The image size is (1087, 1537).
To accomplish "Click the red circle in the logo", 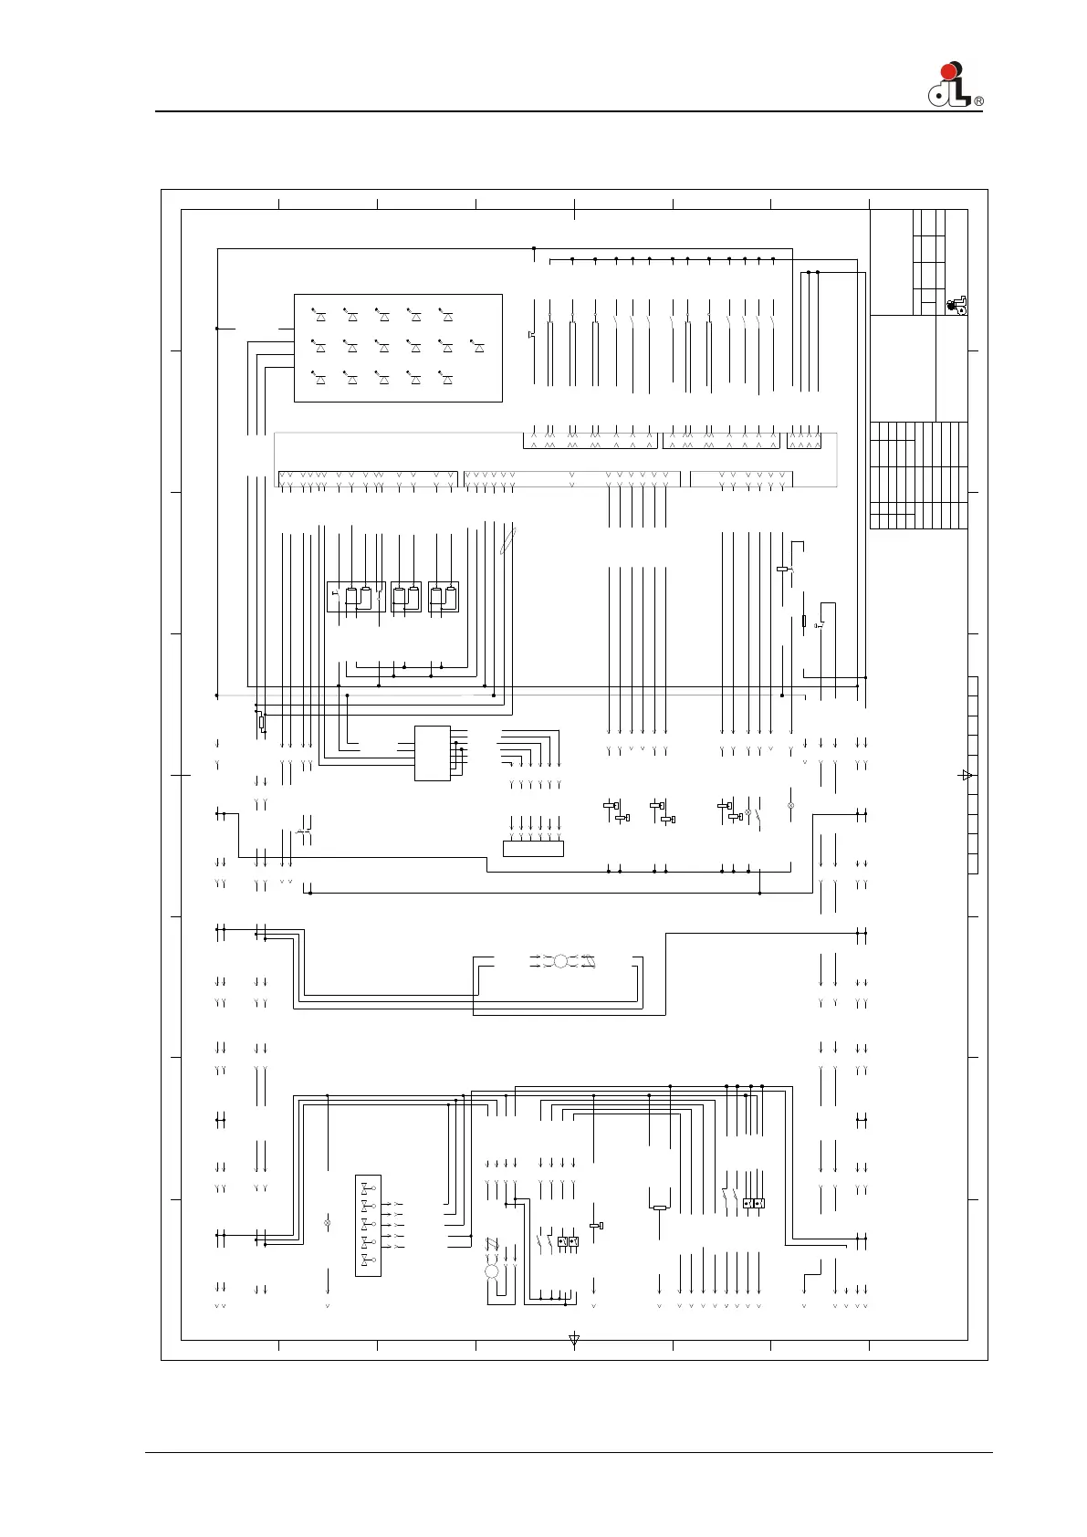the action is click(948, 71).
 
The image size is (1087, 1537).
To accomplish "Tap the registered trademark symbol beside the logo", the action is click(978, 101).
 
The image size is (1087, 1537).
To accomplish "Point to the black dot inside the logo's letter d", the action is click(937, 96).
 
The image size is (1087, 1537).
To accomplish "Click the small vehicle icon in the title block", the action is click(956, 306).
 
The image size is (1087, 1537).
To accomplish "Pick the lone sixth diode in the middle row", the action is click(478, 347).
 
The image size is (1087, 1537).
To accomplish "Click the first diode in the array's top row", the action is click(319, 315).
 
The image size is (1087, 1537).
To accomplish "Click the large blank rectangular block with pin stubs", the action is click(433, 753).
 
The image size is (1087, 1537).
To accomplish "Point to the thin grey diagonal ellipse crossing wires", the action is click(507, 540).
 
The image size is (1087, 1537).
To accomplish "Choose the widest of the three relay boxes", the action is click(356, 597).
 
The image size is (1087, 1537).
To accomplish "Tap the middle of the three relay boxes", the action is click(406, 597).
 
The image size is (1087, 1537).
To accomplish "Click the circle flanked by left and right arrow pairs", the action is click(560, 961).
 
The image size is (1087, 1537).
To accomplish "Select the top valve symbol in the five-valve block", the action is click(369, 1187).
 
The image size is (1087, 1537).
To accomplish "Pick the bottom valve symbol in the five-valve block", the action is click(369, 1261).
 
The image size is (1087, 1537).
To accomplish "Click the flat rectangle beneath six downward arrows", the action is click(533, 849).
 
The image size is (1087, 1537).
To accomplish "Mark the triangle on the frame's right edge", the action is click(967, 776).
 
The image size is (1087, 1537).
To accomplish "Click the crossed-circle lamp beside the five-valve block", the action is click(328, 1223).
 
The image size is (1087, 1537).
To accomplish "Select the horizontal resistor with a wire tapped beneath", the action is click(660, 1208).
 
